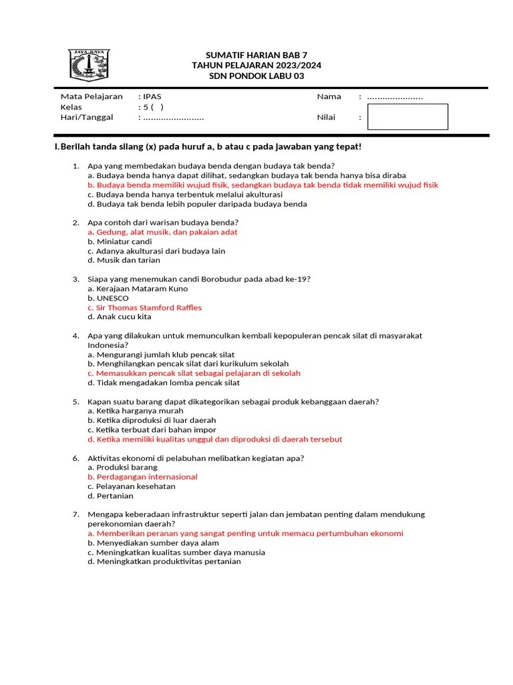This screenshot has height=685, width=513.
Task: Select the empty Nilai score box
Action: tap(407, 116)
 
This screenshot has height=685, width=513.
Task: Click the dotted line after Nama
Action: tap(395, 97)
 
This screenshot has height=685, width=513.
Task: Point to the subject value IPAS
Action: tap(152, 96)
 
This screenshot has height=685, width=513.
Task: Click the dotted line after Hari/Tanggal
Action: tap(173, 117)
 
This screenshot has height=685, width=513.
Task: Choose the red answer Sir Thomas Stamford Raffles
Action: tap(148, 308)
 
